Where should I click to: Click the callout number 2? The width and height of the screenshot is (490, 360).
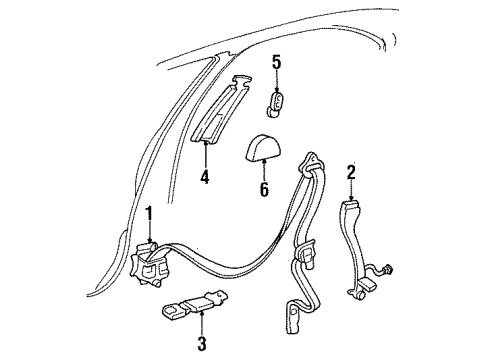coord(351,171)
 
